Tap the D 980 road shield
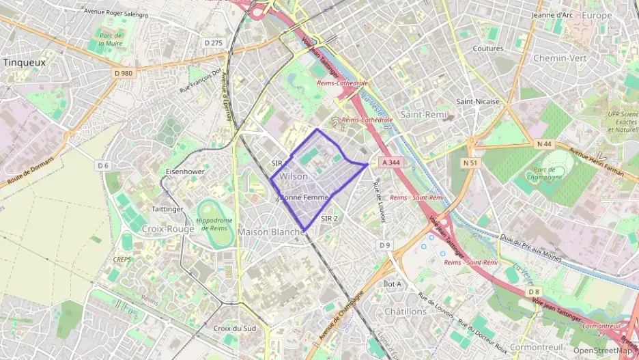124,72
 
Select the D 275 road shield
214,42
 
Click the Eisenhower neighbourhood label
186,171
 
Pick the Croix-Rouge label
168,229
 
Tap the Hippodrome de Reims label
214,224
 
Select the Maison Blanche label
271,232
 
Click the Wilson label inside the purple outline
294,176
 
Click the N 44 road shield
544,143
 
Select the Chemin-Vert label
560,58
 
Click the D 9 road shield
385,245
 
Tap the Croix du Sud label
234,328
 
